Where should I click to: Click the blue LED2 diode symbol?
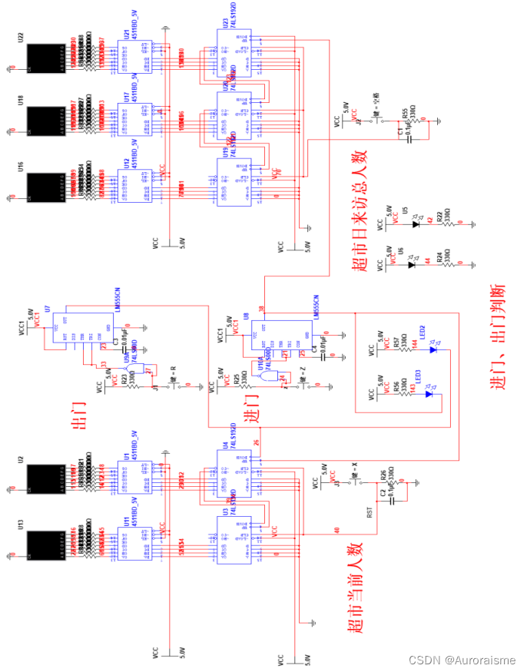click(x=432, y=350)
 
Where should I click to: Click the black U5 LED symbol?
click(x=416, y=224)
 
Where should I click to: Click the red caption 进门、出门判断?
click(x=498, y=338)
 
